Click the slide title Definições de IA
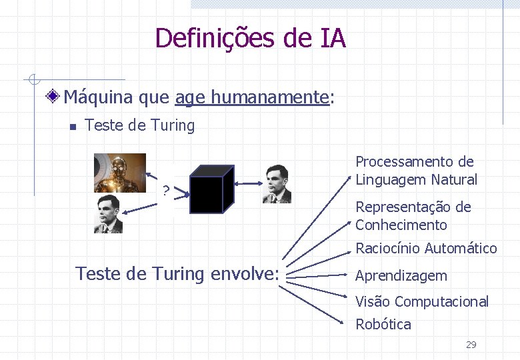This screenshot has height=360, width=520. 250,38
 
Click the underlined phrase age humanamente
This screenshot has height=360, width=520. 252,97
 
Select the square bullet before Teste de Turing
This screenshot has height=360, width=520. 73,127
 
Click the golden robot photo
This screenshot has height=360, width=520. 120,173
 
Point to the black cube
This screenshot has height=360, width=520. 212,189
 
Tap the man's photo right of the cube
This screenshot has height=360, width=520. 277,183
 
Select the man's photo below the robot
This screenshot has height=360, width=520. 108,213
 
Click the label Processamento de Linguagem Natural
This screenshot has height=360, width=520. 416,171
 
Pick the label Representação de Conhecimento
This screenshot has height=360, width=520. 413,216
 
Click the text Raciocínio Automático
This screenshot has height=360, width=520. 426,249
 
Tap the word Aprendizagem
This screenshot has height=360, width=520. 401,276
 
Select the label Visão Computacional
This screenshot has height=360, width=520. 421,301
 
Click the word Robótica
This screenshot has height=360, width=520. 383,325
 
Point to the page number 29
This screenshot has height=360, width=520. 471,345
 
